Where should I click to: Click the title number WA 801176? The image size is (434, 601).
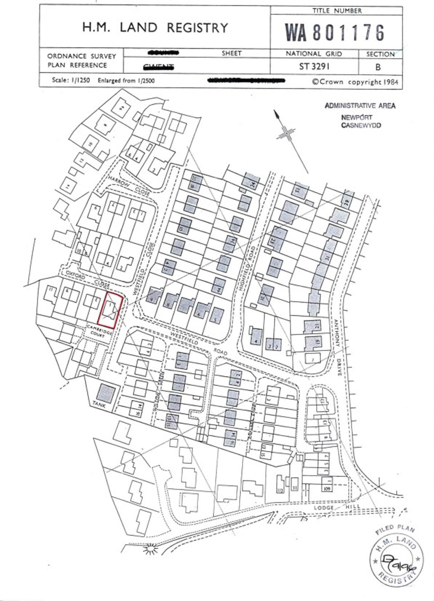pos(335,32)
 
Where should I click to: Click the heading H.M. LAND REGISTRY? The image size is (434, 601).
pos(155,28)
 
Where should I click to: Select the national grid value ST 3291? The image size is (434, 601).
pos(314,66)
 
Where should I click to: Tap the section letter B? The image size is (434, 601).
pos(378,67)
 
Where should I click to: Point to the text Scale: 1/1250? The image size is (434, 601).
pos(71,80)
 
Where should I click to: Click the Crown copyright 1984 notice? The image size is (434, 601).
pos(355,82)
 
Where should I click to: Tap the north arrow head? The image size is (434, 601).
pos(277,115)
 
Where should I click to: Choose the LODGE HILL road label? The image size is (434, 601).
pos(337,507)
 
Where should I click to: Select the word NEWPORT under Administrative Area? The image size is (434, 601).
pos(356,117)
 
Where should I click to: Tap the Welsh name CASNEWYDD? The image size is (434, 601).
pos(361,125)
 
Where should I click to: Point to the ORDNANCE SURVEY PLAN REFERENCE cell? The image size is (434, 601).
pos(82,61)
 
